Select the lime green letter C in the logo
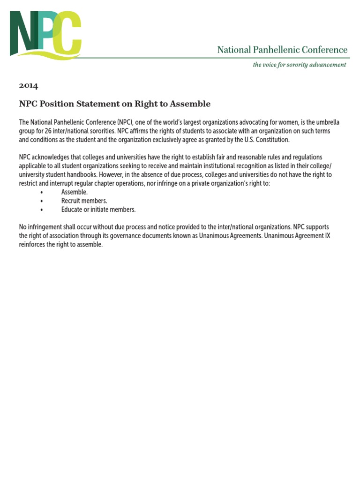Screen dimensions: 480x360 68,34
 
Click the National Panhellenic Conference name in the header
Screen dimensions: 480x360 282,50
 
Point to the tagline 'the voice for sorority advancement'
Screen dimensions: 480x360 300,65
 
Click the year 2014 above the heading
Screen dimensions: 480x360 28,86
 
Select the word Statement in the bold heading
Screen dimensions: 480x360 94,104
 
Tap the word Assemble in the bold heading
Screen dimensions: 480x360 187,104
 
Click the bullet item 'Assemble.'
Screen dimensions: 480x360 74,192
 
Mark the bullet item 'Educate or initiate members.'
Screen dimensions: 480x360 98,210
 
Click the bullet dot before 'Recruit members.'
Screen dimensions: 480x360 42,201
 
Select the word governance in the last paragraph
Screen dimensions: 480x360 122,236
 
